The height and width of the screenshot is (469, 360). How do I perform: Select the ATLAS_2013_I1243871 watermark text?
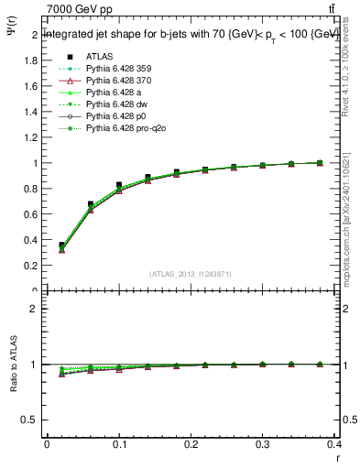click(x=191, y=274)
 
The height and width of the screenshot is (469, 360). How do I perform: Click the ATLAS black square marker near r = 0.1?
click(x=119, y=185)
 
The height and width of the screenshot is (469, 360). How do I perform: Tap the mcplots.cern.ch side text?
click(x=348, y=220)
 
